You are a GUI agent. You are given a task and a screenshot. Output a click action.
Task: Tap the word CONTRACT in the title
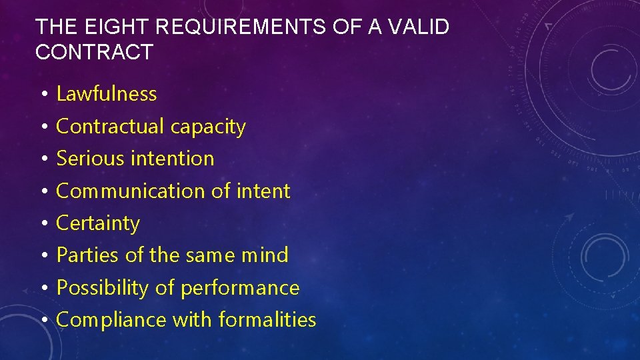(94, 52)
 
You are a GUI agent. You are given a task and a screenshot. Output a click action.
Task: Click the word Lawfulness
(107, 94)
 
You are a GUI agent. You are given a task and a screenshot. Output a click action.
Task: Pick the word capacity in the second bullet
(208, 127)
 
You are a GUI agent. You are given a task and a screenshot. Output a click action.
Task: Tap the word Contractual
(110, 127)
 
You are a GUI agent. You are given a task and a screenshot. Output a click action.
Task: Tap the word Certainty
(98, 223)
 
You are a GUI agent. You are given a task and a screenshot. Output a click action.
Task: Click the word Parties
(86, 255)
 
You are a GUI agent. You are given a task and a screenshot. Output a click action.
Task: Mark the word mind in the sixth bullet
(264, 255)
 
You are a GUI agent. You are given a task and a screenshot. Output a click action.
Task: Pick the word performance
(240, 288)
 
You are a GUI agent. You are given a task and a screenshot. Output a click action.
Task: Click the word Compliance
(112, 320)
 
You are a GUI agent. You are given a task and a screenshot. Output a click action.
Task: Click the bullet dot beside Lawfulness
(42, 95)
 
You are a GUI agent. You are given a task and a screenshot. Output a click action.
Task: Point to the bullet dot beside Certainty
(42, 224)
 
